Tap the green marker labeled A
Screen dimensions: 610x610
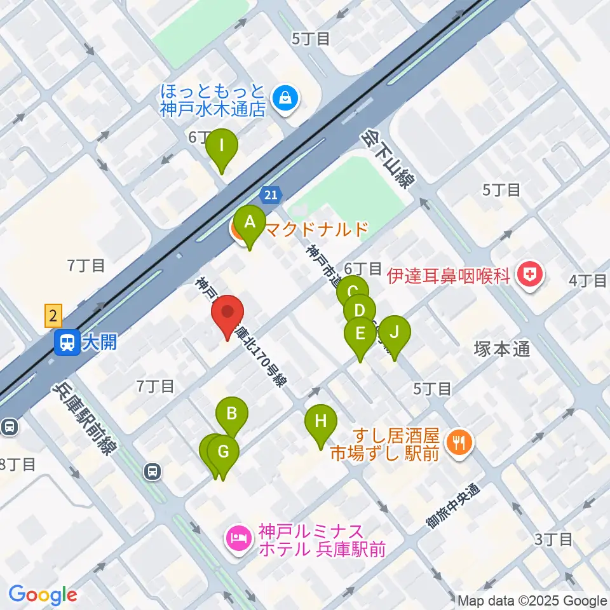tap(249, 224)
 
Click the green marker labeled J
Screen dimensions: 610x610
tap(395, 333)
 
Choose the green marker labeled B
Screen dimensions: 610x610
tap(232, 415)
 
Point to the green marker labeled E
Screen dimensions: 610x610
tap(360, 334)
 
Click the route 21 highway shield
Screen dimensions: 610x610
tap(271, 194)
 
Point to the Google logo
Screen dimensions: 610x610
tap(43, 595)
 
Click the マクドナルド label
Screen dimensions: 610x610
tap(315, 229)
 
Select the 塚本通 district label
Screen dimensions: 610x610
tap(501, 349)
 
